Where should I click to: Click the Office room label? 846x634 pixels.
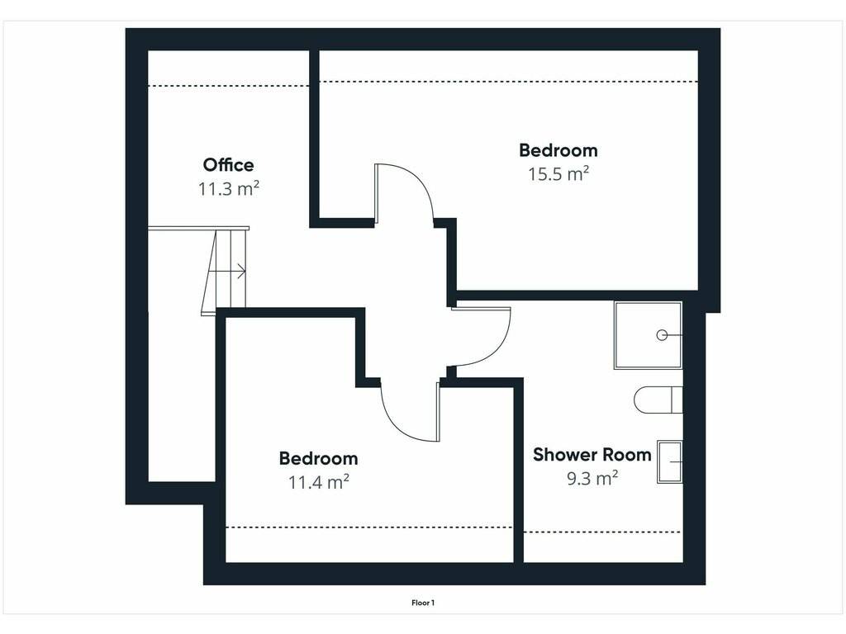click(x=228, y=164)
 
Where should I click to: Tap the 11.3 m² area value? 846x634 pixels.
click(x=228, y=189)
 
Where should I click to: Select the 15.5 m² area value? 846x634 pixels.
click(x=558, y=173)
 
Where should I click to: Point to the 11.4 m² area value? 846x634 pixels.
click(x=318, y=481)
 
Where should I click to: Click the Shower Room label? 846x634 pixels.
click(x=592, y=455)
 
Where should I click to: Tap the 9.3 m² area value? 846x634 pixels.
click(x=592, y=478)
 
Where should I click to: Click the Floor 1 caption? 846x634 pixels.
click(x=423, y=603)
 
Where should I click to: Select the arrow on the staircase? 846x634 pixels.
click(x=227, y=272)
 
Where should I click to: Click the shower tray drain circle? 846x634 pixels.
click(x=662, y=335)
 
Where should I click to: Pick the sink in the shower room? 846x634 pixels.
click(x=669, y=462)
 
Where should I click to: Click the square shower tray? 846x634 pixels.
click(x=648, y=335)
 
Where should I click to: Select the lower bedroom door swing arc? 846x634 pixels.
click(x=396, y=420)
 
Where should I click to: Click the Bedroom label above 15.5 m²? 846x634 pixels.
click(x=558, y=150)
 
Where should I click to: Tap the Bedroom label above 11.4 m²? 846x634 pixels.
click(x=318, y=458)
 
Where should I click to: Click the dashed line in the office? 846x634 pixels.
click(x=229, y=86)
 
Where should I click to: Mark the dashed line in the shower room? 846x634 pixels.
click(x=602, y=532)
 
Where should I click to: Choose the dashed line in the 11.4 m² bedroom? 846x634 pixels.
click(x=369, y=528)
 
